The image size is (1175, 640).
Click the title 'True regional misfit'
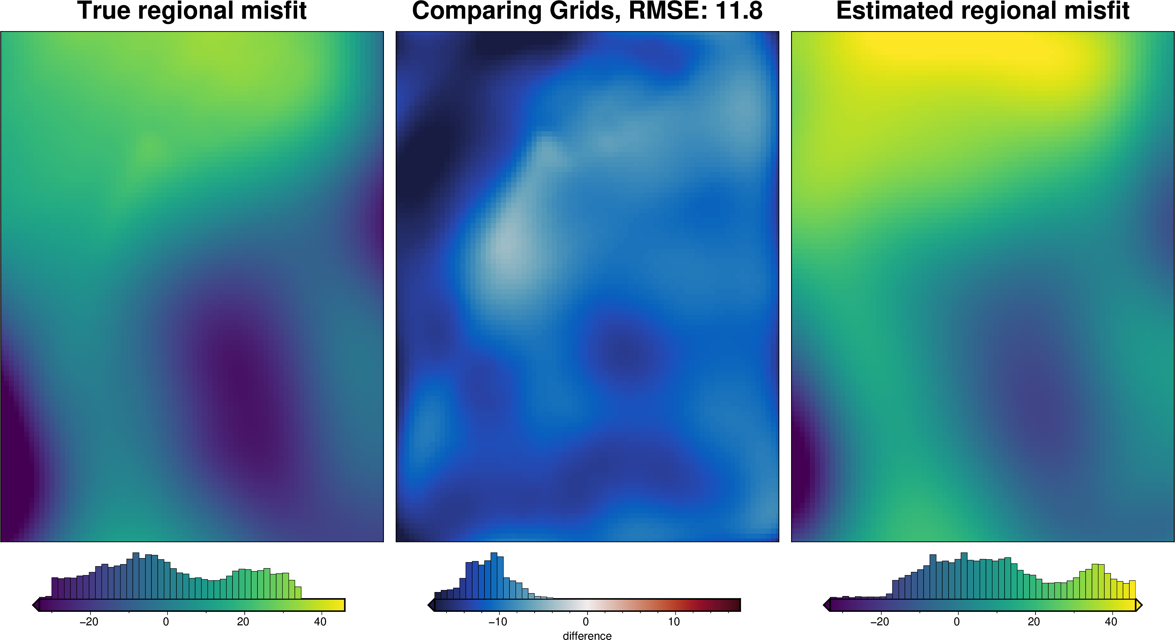coord(192,11)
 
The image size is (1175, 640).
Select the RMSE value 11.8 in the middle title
coord(739,11)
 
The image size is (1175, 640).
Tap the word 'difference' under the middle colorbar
coord(587,635)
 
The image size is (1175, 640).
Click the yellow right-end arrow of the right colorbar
coord(1139,605)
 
